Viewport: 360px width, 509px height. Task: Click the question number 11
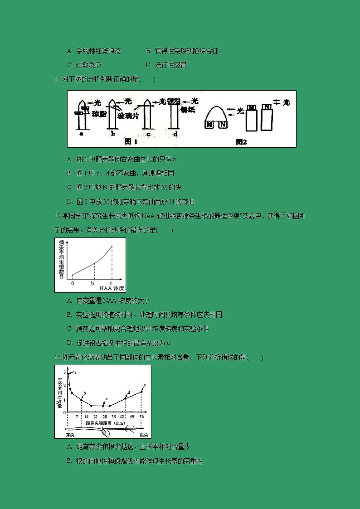pyautogui.click(x=57, y=79)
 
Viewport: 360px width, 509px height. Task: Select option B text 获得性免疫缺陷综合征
pyautogui.click(x=186, y=51)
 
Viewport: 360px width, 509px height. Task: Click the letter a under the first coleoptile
pyautogui.click(x=81, y=134)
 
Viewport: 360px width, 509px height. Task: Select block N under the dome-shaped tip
pyautogui.click(x=223, y=124)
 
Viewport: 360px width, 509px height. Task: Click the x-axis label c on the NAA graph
pyautogui.click(x=111, y=283)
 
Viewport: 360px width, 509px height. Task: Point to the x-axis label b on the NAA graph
pyautogui.click(x=93, y=283)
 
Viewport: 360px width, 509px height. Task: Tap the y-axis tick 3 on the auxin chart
pyautogui.click(x=64, y=372)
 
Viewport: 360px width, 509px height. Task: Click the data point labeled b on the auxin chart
pyautogui.click(x=82, y=399)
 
